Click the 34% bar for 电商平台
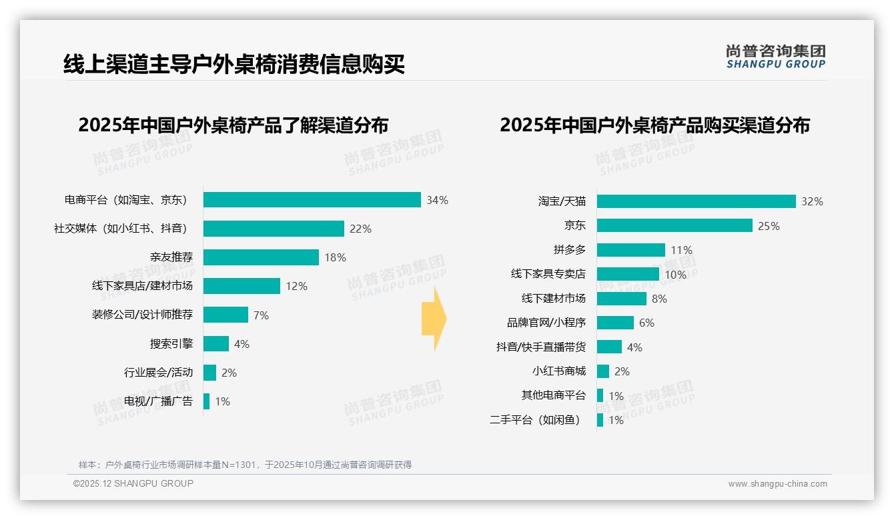tap(312, 200)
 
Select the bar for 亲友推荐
tap(261, 257)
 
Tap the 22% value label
tap(360, 229)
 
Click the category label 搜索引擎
tap(171, 344)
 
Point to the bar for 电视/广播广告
tap(206, 401)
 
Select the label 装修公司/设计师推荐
tap(142, 315)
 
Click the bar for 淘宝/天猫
tap(696, 201)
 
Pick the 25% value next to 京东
tap(769, 226)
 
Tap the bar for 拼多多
tap(630, 250)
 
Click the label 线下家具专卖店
tap(548, 274)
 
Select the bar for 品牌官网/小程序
tap(615, 323)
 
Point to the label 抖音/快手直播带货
tap(541, 347)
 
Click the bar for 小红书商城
tap(602, 371)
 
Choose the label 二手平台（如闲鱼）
tap(535, 420)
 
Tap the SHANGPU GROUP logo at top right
tap(775, 57)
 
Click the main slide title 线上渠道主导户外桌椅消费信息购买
tap(234, 65)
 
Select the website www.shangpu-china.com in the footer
tap(777, 484)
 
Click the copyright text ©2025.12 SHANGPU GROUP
tap(133, 483)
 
